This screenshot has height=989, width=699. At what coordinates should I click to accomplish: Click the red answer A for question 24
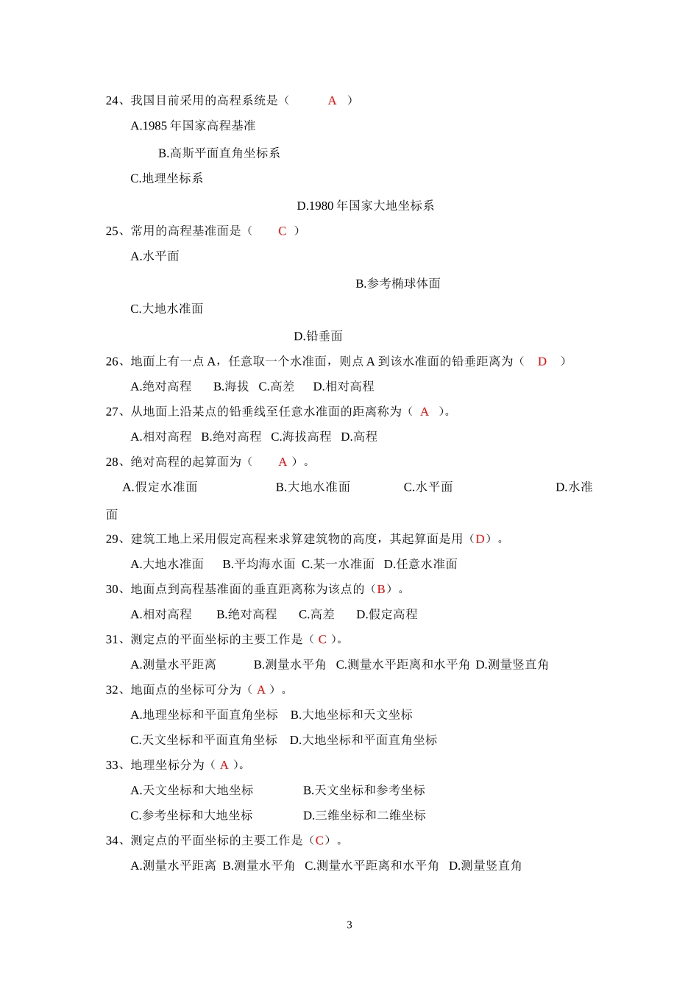tap(332, 101)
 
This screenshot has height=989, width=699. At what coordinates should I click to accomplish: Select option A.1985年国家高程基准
tap(193, 126)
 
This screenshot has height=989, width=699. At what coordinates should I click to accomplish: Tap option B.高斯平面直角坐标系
tap(219, 153)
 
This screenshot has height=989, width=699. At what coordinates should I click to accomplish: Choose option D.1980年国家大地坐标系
tap(366, 206)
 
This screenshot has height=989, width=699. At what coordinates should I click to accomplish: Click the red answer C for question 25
tap(282, 231)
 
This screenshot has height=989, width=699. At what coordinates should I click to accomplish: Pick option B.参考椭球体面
tap(398, 283)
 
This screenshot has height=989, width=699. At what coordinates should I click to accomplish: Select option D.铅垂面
tap(319, 336)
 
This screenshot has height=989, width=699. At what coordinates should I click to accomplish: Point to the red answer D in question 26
tap(542, 361)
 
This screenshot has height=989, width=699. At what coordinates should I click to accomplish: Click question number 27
tap(113, 412)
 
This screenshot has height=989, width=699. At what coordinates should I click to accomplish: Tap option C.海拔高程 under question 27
tap(301, 437)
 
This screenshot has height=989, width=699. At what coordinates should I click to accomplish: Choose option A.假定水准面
tap(160, 487)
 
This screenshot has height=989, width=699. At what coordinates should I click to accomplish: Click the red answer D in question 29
tap(480, 539)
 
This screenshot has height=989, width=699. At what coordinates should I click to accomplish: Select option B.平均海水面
tap(259, 564)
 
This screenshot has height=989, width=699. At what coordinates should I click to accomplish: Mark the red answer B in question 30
tap(381, 589)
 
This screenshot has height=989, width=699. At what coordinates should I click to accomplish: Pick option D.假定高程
tap(387, 614)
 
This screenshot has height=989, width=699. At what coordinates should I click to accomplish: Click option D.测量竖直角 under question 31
tap(512, 664)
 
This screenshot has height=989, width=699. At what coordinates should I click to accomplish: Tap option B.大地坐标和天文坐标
tap(352, 715)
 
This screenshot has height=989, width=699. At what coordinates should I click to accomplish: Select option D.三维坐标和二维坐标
tap(364, 815)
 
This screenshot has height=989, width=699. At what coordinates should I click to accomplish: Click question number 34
tap(113, 840)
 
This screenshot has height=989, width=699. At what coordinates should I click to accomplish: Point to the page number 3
tap(349, 925)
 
